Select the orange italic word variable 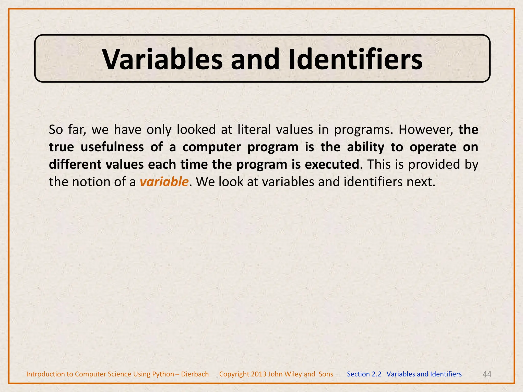click(164, 182)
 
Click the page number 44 click(487, 374)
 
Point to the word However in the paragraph click(425, 130)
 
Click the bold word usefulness click(112, 147)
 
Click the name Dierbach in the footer click(195, 374)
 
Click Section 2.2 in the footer click(364, 374)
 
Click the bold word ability click(365, 147)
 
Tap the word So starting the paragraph click(56, 130)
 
